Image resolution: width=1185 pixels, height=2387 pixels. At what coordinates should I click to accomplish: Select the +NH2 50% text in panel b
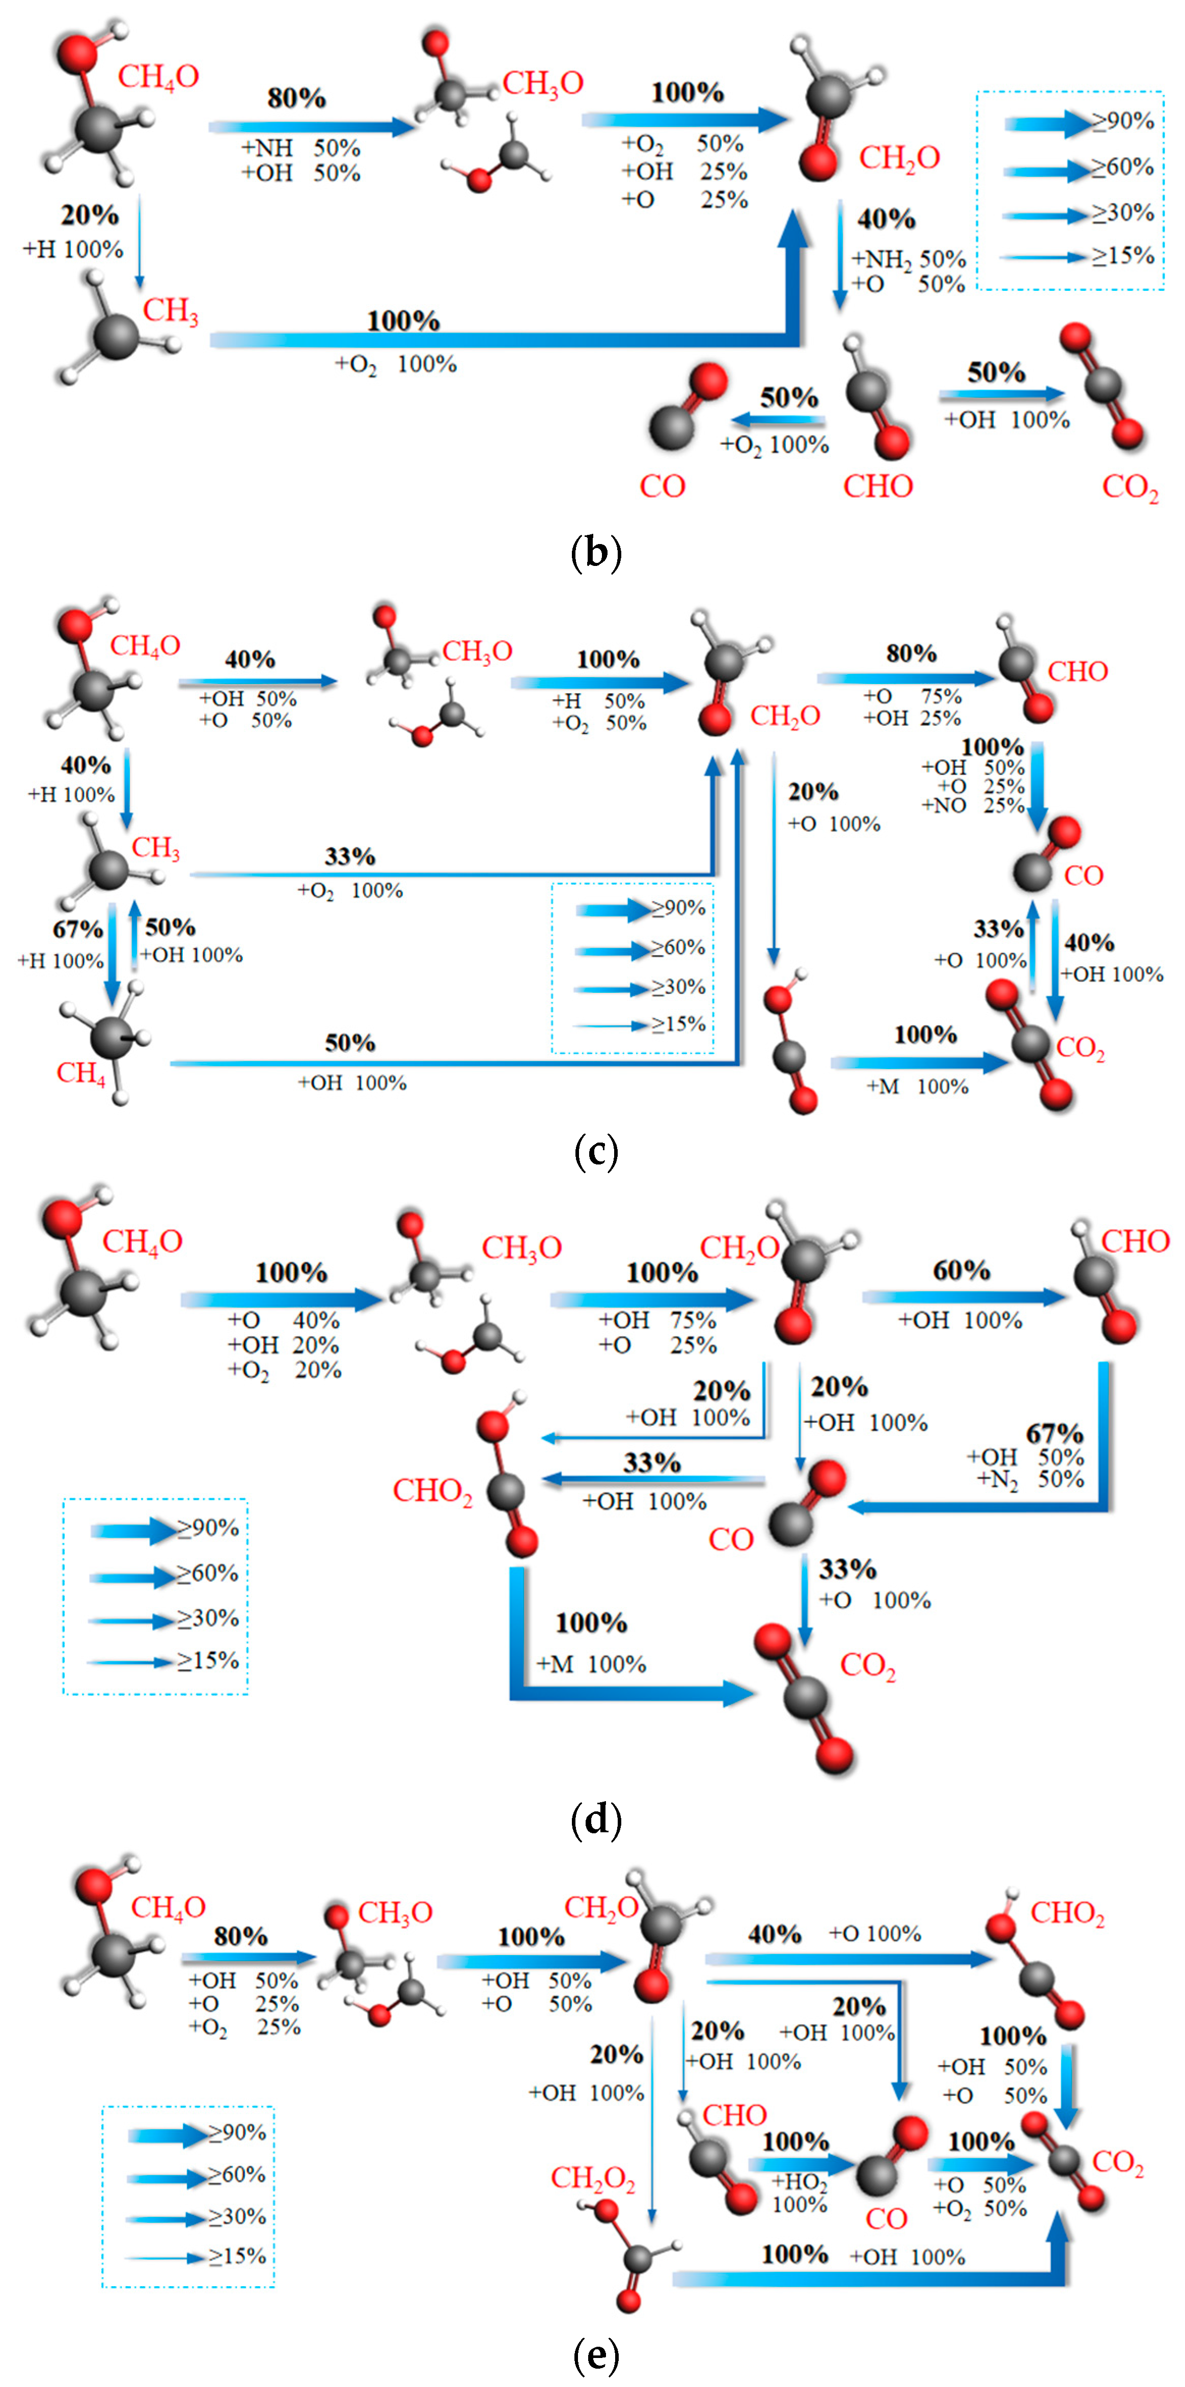908,259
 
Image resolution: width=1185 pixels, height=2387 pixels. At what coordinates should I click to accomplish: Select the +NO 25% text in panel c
973,805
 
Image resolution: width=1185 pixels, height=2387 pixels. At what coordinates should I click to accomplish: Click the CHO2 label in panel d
433,1491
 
